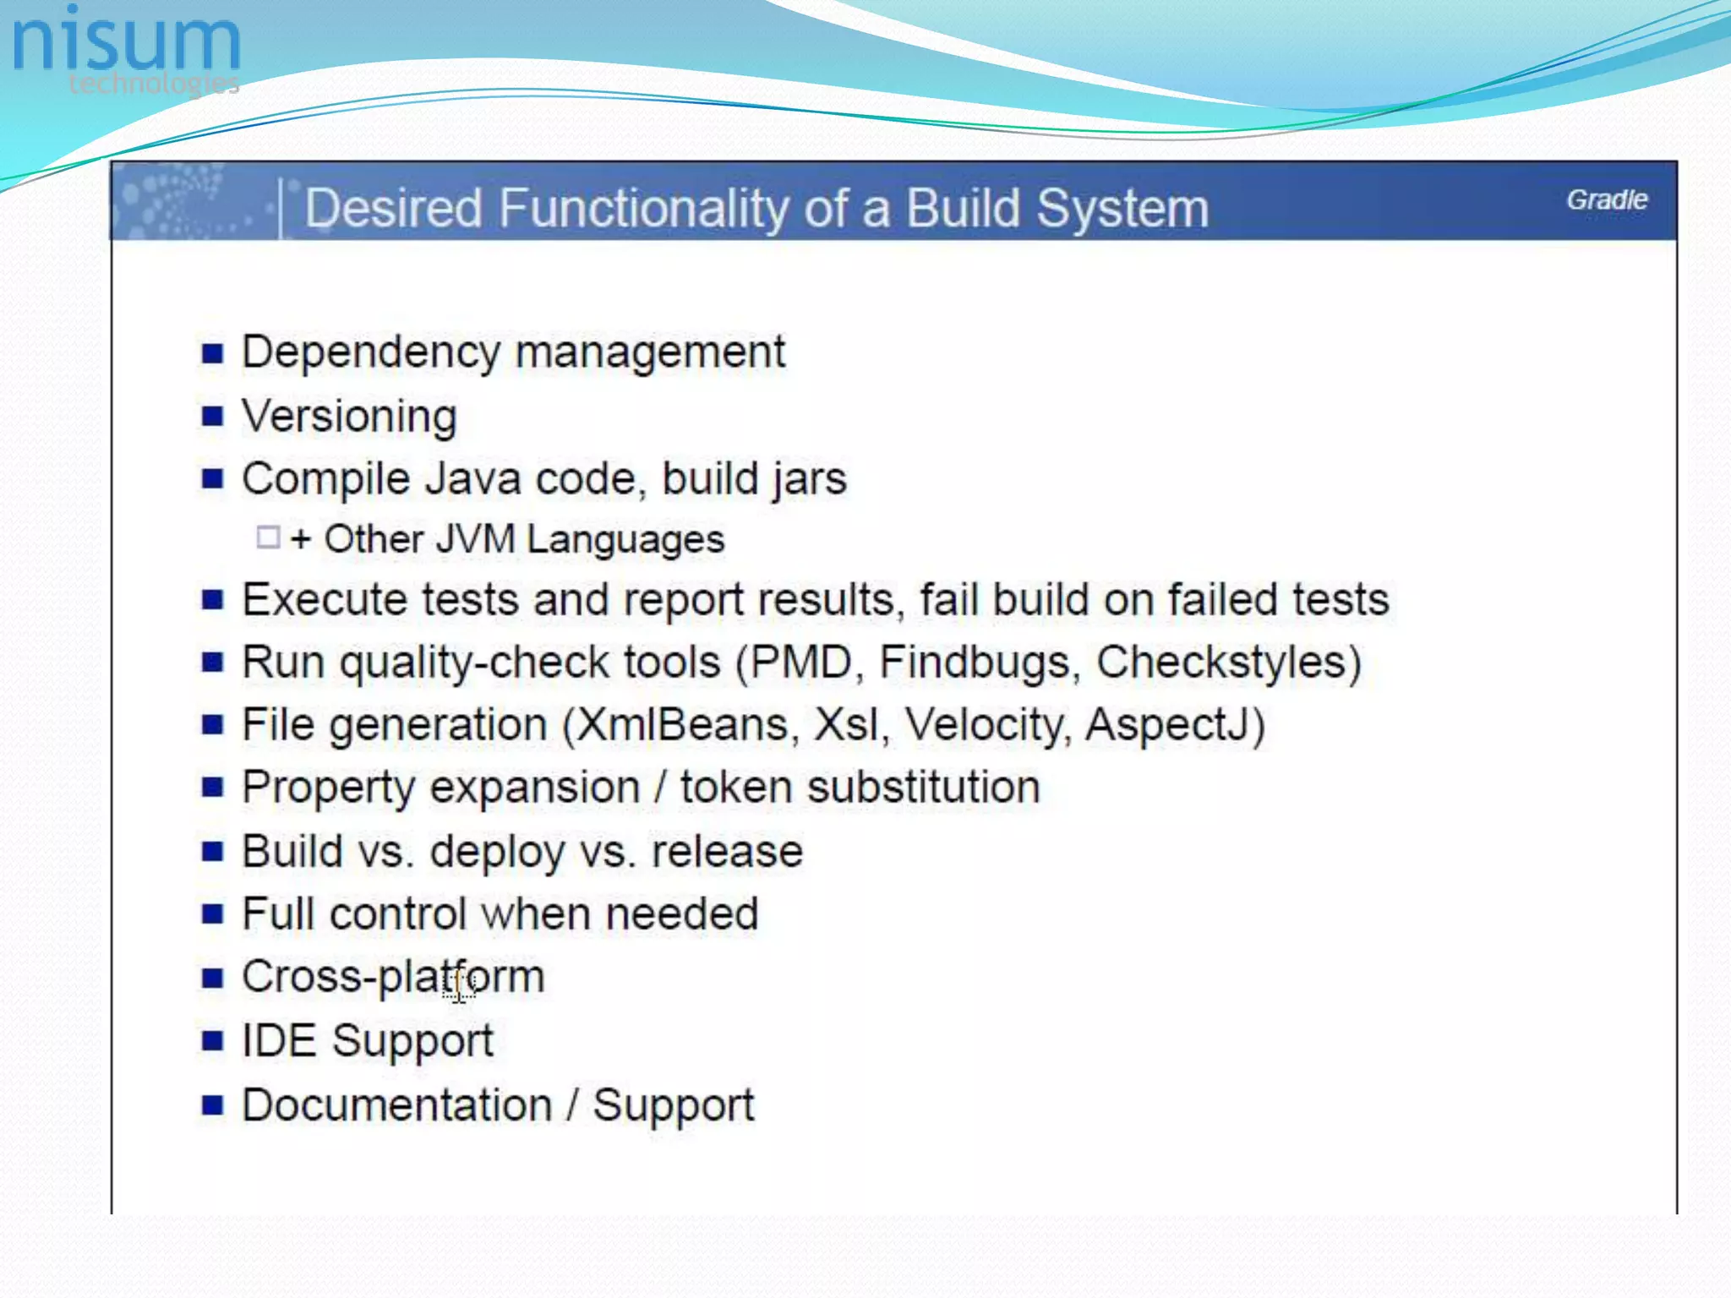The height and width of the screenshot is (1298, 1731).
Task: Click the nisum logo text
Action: tap(127, 42)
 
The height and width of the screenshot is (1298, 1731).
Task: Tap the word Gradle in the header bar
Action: tap(1606, 200)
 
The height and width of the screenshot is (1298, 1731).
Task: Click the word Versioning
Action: tap(349, 416)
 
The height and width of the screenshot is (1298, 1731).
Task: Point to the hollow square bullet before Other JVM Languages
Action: tap(268, 537)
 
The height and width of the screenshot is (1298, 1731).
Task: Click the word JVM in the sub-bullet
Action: tap(475, 539)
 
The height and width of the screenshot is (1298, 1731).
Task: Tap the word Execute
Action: tap(325, 600)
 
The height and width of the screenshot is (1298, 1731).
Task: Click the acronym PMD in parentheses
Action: tap(800, 663)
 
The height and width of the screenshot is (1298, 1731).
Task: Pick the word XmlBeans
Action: tap(684, 725)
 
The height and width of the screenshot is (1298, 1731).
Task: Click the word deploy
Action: tap(497, 852)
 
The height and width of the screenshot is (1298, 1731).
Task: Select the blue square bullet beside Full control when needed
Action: tap(213, 914)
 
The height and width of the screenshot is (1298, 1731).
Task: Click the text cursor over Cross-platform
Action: tap(459, 984)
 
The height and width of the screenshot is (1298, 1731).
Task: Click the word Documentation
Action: tap(396, 1105)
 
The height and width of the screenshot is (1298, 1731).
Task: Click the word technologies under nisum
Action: tap(154, 83)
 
